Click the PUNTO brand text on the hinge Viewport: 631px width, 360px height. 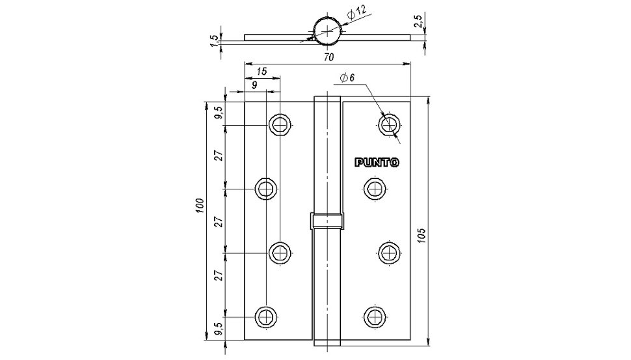coord(377,163)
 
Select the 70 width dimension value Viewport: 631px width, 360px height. coord(329,57)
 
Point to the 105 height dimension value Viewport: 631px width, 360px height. coord(422,235)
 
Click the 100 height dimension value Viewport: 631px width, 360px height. coord(201,206)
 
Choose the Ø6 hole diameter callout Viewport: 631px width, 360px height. coord(347,77)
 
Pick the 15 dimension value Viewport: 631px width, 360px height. coord(262,72)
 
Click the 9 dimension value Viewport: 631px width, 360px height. coord(254,85)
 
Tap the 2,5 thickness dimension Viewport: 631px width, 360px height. coord(418,21)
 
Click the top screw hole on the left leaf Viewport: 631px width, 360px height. coord(280,125)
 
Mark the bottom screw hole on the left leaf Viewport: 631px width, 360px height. coord(265,316)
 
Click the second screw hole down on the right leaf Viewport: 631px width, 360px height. coord(375,188)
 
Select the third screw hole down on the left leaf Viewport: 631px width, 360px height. coord(280,253)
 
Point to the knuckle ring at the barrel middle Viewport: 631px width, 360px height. coord(327,221)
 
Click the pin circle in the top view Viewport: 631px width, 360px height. coord(328,30)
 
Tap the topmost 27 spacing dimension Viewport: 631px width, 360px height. coord(219,156)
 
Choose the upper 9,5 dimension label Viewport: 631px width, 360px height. coord(219,113)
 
